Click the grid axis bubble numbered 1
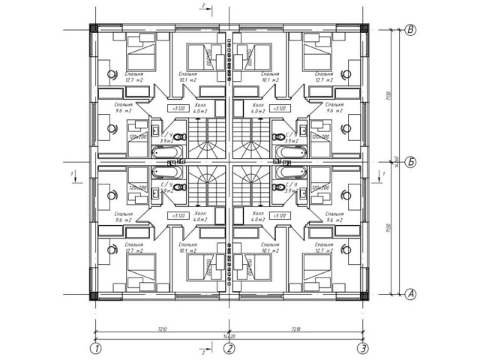point(95,348)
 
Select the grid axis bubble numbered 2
point(229,348)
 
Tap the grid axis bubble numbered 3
point(363,348)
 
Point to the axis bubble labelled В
point(411,30)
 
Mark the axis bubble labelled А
point(411,294)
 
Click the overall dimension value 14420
point(229,337)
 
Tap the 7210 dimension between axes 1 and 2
point(162,328)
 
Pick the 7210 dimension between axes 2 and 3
point(296,328)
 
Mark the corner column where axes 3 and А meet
point(364,295)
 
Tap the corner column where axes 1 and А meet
point(94,295)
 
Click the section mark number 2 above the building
point(203,6)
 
